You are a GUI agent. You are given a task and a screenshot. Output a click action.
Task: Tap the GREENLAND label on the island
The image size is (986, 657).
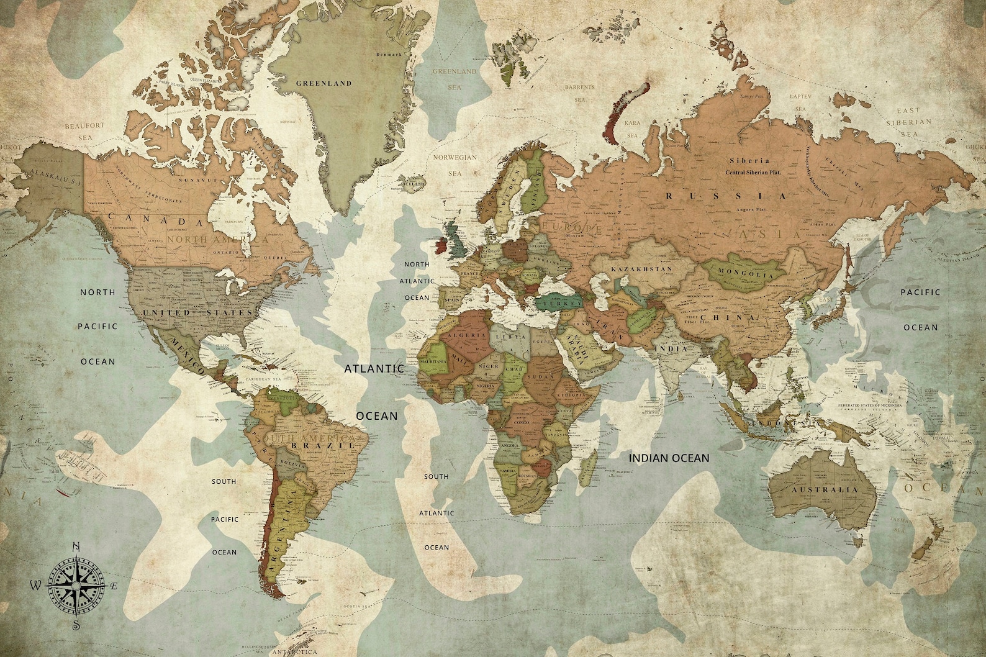click(x=323, y=83)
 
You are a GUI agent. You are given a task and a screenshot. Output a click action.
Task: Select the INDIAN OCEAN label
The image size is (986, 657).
click(x=669, y=458)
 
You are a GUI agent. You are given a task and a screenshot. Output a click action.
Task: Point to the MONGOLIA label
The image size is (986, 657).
click(x=747, y=273)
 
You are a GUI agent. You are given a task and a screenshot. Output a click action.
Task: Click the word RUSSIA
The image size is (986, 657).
click(x=726, y=196)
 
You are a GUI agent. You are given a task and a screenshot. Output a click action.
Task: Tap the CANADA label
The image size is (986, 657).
click(x=156, y=220)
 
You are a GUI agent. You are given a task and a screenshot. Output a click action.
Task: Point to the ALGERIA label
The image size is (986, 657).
click(x=471, y=335)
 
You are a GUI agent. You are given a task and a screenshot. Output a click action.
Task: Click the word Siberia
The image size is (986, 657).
click(x=749, y=161)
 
